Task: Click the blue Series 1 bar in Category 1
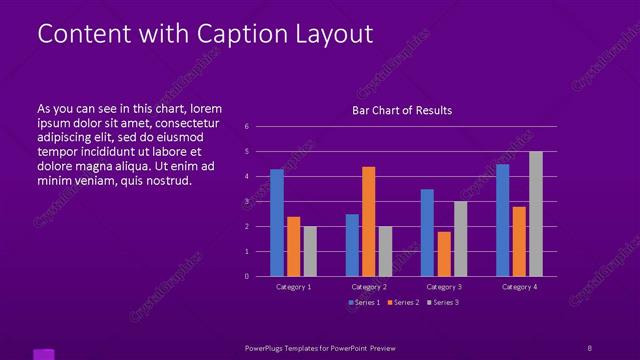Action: point(277,222)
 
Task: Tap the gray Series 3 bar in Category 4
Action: point(536,213)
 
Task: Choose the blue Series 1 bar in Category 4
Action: point(502,220)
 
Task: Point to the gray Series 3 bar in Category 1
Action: point(310,251)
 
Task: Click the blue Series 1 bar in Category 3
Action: point(427,232)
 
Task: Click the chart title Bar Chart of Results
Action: point(402,110)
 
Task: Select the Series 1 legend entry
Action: point(364,302)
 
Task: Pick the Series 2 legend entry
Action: point(403,302)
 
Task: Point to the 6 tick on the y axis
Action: point(246,127)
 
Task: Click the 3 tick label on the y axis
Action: point(246,202)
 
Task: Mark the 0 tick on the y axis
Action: point(246,277)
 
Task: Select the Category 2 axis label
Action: point(368,287)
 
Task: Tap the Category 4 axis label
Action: point(519,287)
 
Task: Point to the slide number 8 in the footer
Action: point(589,347)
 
